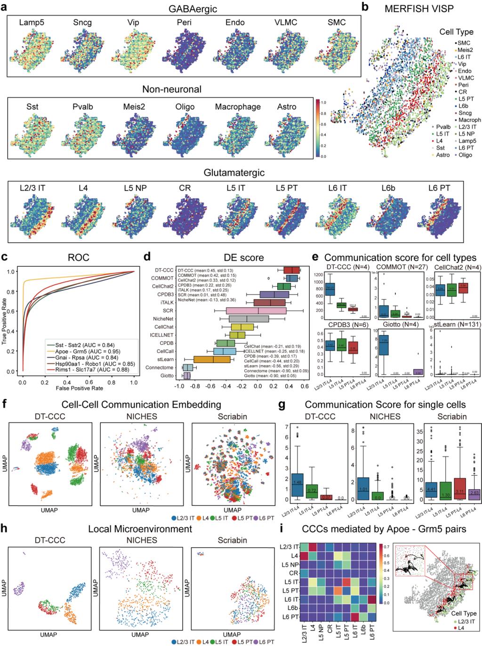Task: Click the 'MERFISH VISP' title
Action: pos(418,9)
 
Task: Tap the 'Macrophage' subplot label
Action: pos(238,107)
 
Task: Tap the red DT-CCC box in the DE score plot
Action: pos(292,270)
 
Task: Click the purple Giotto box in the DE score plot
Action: pos(187,376)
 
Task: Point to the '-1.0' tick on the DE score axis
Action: pos(178,386)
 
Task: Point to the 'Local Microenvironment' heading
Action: pos(140,529)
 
